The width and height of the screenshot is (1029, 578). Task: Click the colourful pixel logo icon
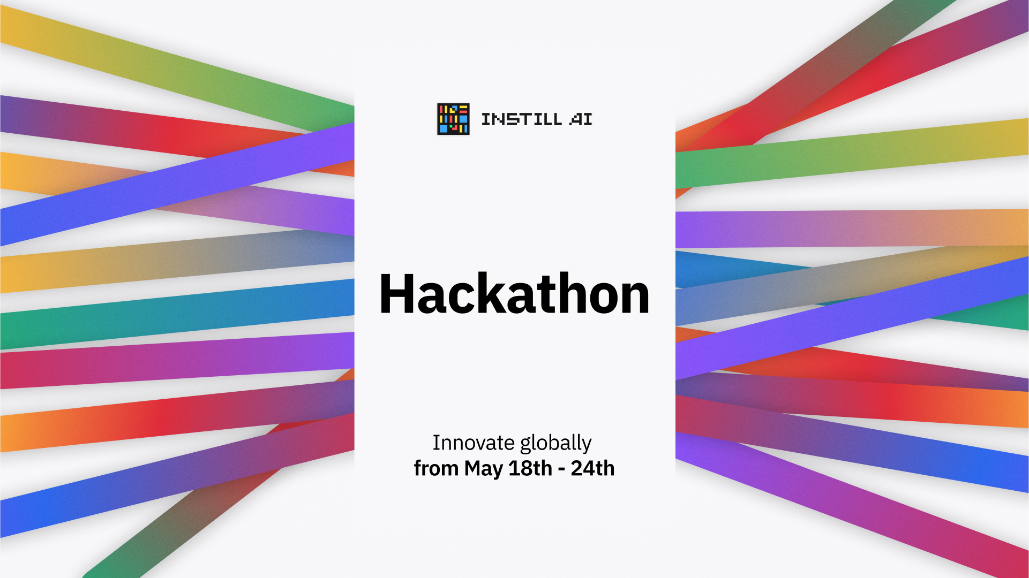tap(453, 119)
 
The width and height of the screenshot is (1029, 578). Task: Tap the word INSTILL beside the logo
tap(522, 119)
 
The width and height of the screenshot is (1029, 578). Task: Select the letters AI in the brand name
tap(581, 119)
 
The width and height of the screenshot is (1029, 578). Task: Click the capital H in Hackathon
tap(397, 293)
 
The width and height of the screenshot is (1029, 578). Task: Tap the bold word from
tap(436, 468)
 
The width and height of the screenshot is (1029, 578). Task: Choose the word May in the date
tap(484, 469)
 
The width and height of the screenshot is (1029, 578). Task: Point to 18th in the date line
tap(530, 468)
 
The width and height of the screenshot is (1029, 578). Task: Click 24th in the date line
tap(592, 468)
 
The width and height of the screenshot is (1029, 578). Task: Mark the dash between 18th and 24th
tap(561, 470)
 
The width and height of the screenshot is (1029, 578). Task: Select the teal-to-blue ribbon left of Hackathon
tap(177, 314)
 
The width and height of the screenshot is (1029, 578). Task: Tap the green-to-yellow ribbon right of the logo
tap(852, 153)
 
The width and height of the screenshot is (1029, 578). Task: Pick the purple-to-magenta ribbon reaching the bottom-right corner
tap(852, 506)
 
